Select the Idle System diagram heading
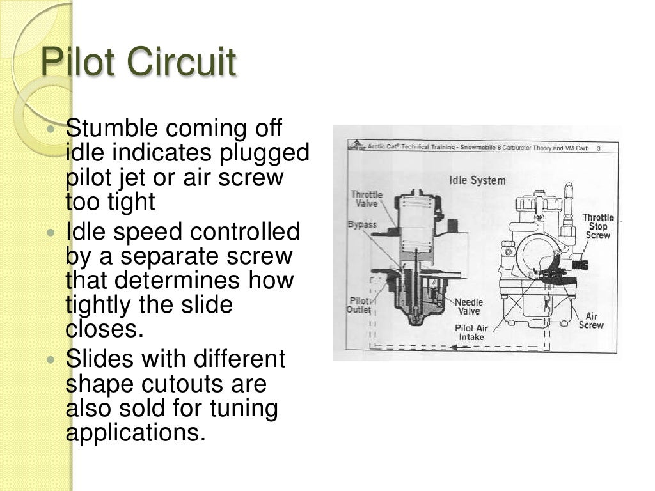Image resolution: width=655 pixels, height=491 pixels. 477,180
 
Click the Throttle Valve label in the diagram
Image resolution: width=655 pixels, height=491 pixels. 367,199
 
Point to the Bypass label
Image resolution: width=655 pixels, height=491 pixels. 362,225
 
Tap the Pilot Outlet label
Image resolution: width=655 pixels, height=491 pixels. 359,305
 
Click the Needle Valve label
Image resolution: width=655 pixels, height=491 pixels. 469,307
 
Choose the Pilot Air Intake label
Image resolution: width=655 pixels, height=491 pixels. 471,332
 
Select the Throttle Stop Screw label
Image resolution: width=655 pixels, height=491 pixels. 598,226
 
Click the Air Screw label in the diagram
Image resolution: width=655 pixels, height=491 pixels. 591,320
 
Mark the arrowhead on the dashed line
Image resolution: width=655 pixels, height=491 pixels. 452,348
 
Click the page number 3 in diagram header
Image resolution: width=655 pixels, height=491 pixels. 598,148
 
